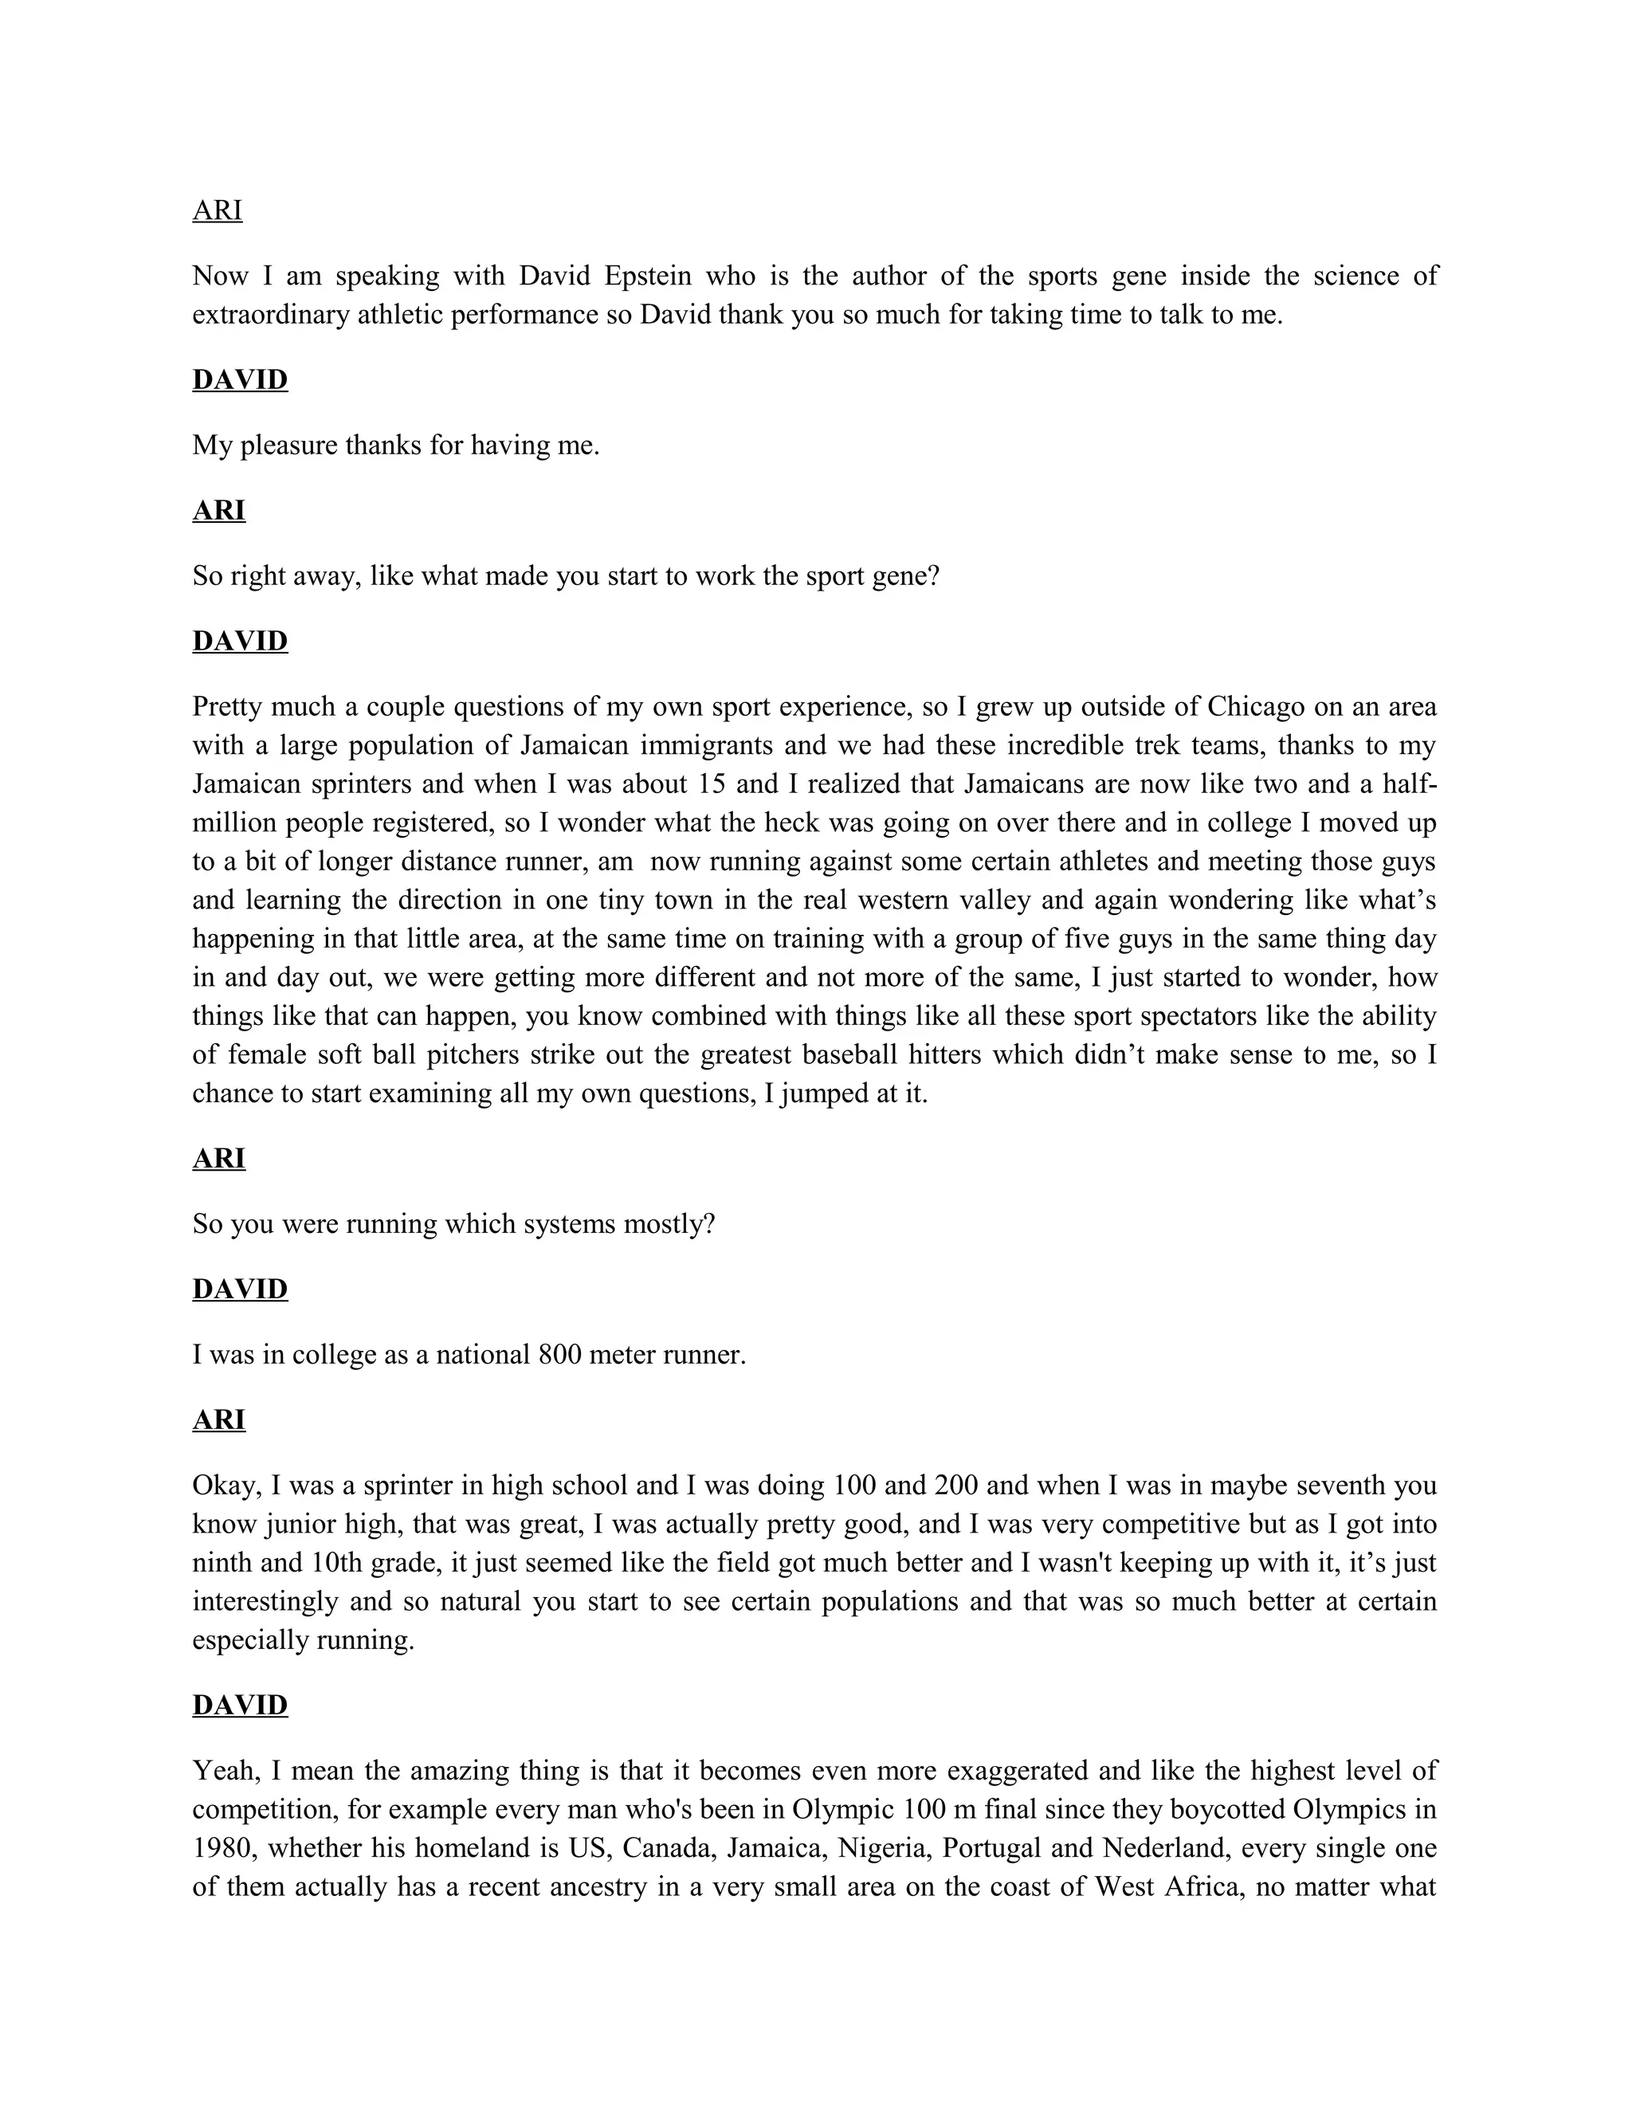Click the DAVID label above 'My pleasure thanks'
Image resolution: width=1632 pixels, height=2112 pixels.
240,379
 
